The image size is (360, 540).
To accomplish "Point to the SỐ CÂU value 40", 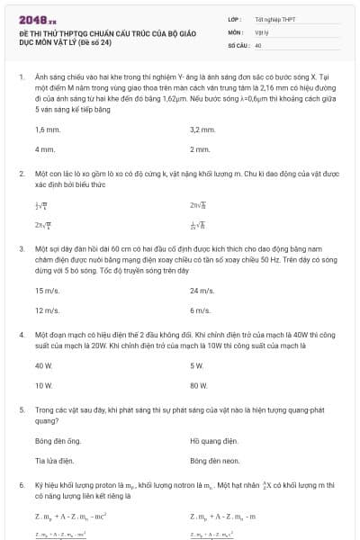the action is click(258, 44).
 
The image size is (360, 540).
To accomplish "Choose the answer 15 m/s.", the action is click(47, 292).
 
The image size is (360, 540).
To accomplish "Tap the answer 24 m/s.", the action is click(202, 292).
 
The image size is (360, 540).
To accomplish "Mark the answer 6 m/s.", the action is click(200, 310).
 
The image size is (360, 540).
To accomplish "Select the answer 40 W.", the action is click(44, 366).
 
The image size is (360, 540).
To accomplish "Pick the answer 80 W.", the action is click(199, 385).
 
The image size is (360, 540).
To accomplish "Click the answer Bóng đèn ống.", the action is click(58, 441).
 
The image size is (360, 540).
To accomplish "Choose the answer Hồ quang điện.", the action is click(214, 441).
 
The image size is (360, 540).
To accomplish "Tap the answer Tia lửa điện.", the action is click(54, 460).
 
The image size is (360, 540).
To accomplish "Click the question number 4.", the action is click(21, 334).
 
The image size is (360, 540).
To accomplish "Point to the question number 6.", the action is click(21, 485).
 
